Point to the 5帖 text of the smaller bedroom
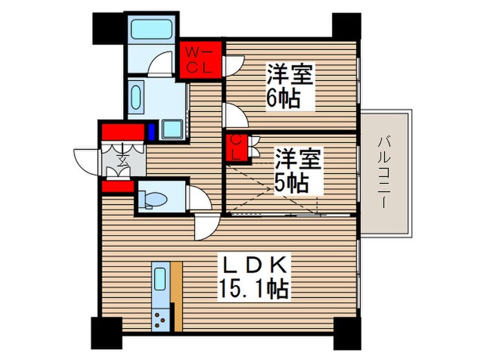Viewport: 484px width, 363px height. [x=290, y=183]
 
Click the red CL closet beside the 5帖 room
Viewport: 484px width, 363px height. [x=236, y=147]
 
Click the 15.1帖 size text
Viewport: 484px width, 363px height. [x=255, y=288]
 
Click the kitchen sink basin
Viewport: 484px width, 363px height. [x=160, y=281]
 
